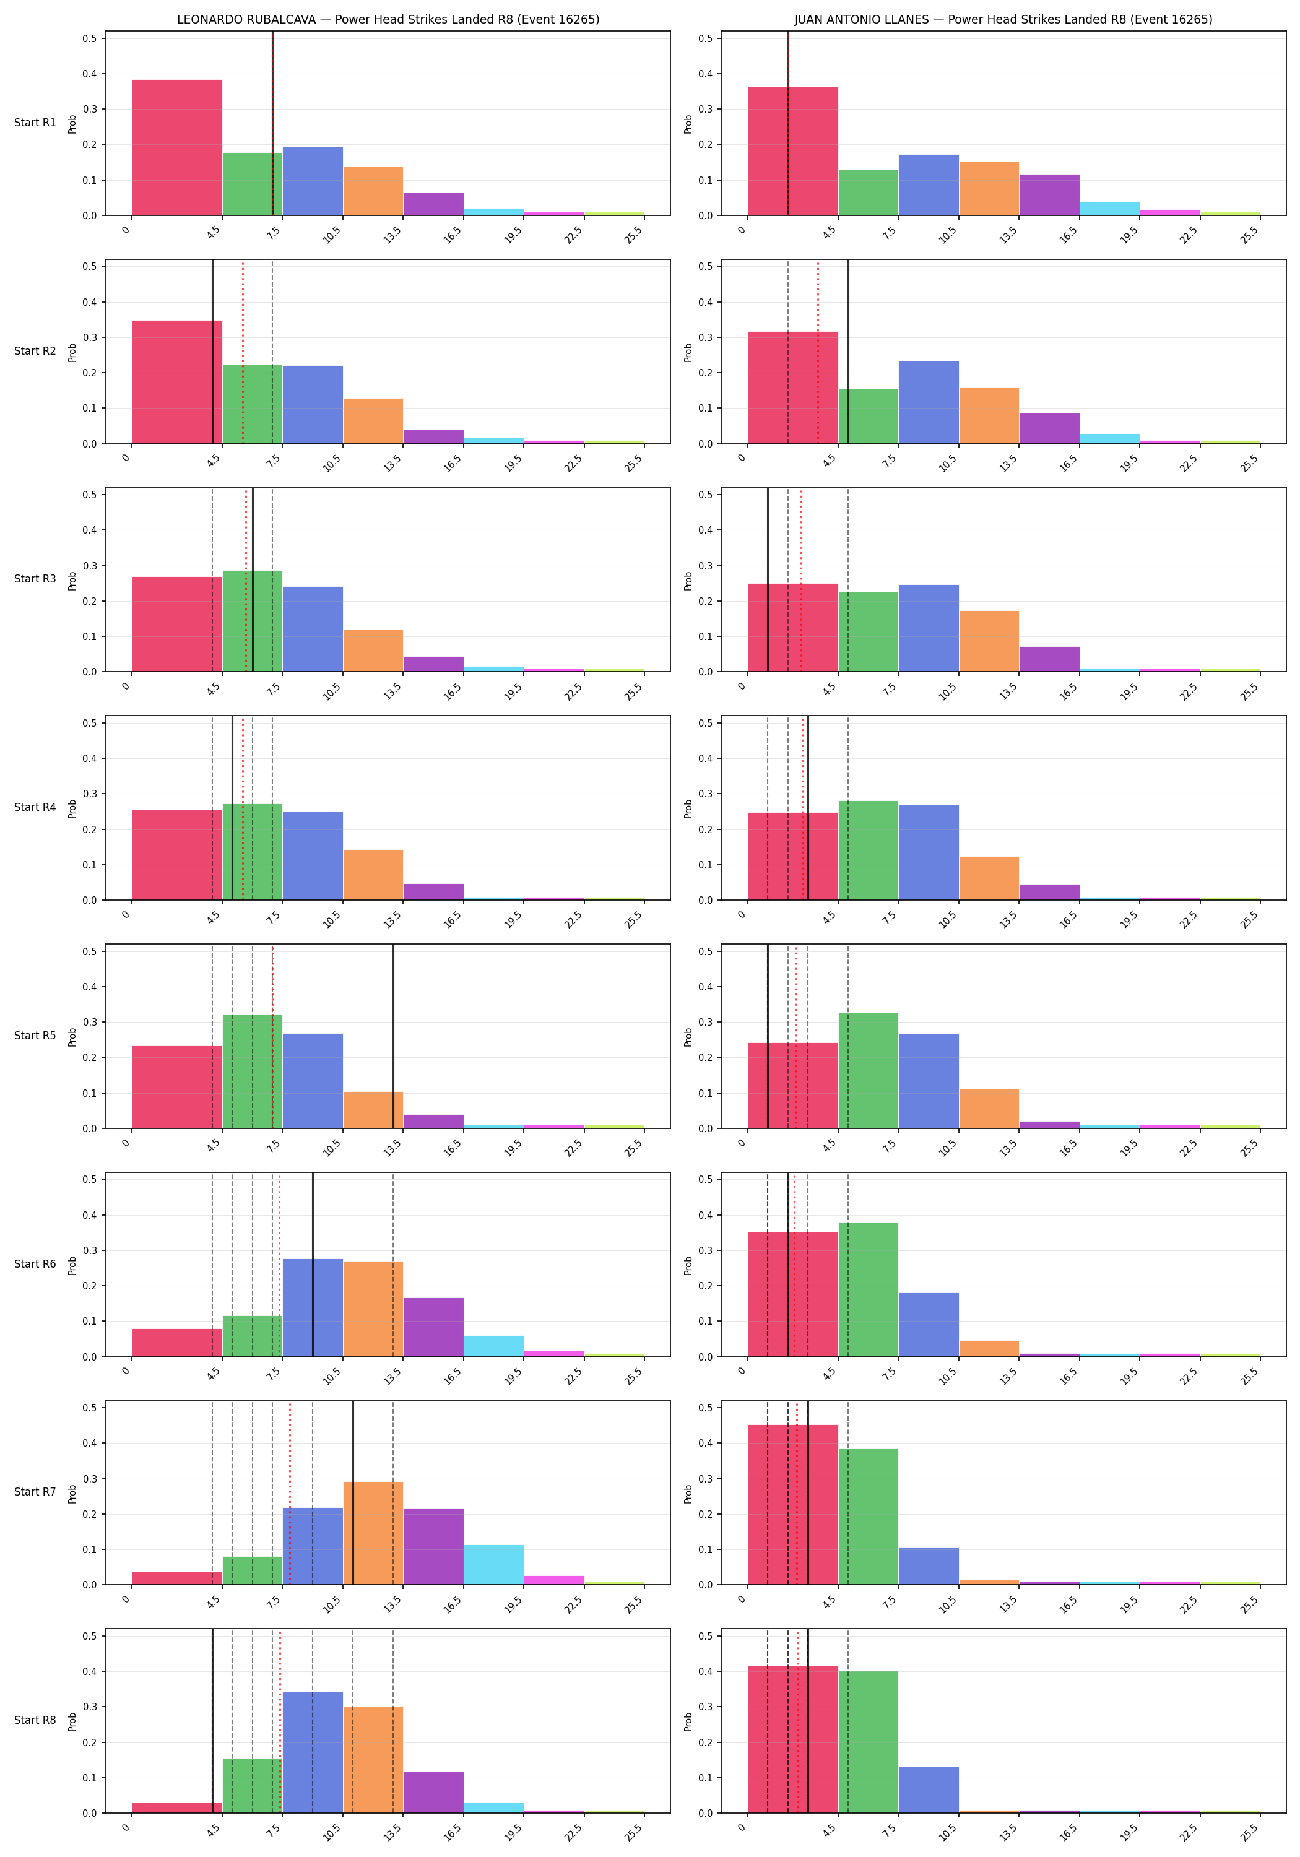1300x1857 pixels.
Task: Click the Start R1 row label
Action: click(35, 123)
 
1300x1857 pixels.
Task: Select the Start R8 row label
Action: click(35, 1720)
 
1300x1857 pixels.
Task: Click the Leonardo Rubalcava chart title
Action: click(388, 19)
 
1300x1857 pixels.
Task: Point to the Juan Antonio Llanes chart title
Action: click(1003, 19)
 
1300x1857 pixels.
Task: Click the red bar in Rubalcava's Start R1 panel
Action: click(177, 147)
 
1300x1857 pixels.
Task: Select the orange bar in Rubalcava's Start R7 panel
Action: click(373, 1533)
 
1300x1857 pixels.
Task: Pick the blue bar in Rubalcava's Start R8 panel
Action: click(313, 1752)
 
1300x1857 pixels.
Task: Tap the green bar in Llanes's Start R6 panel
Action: click(868, 1289)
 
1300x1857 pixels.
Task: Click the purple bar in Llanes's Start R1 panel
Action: click(1049, 195)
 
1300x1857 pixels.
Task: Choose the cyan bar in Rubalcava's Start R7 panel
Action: click(493, 1564)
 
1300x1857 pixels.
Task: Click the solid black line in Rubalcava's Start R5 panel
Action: click(393, 1036)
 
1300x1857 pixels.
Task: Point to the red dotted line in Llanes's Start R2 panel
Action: click(818, 352)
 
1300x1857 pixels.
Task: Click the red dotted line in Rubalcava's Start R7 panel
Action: click(290, 1492)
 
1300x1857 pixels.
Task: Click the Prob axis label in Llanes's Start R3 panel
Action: click(688, 581)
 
